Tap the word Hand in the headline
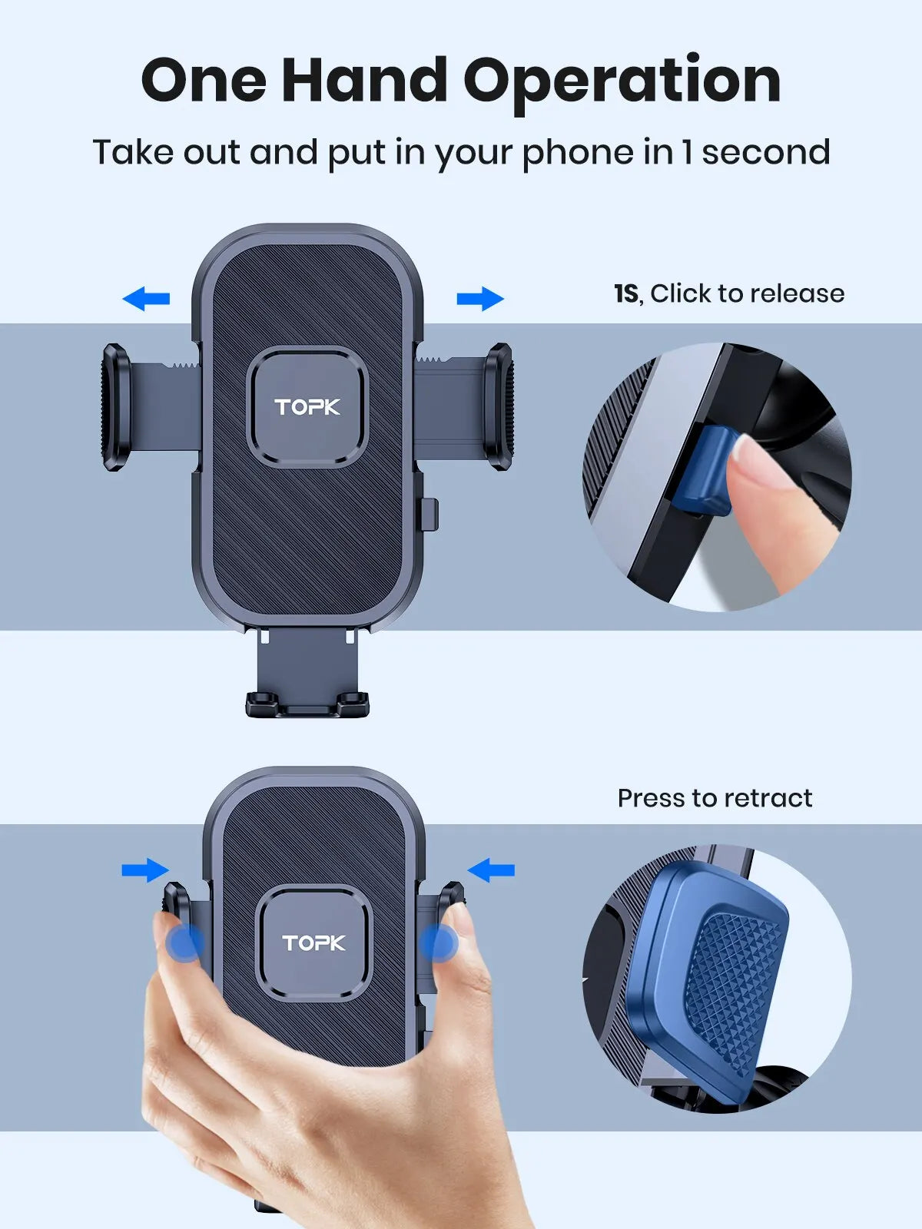tap(365, 80)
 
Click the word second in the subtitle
tap(765, 152)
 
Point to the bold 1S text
tap(626, 293)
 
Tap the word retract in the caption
tap(768, 798)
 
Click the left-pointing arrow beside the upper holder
tap(146, 298)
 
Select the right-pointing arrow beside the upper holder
tap(480, 298)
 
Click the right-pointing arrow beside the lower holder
tap(144, 870)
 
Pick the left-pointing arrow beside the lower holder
tap(491, 870)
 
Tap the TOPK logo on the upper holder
tap(307, 406)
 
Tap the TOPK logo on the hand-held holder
tap(313, 942)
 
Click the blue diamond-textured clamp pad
tap(730, 976)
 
